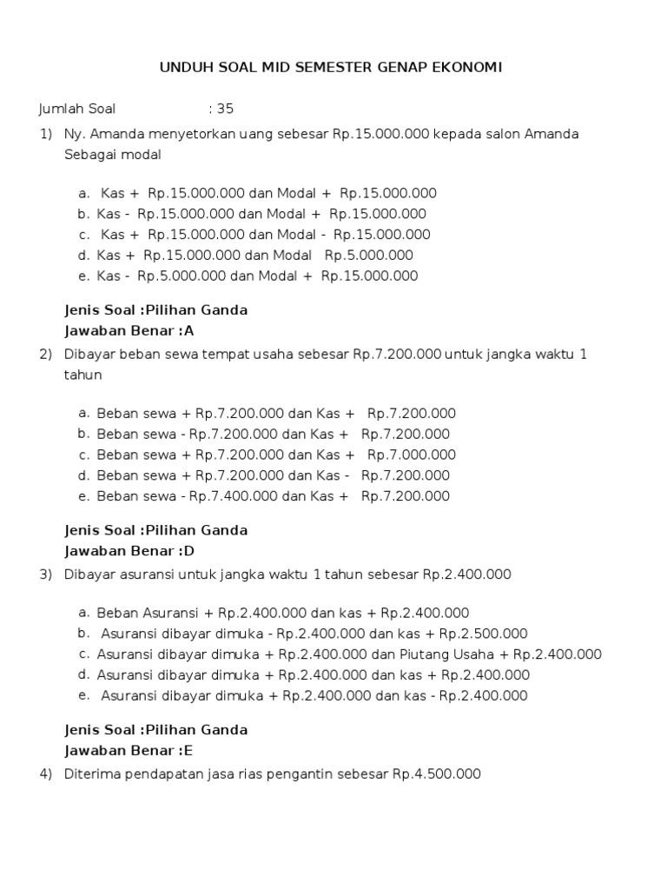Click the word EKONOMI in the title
tap(467, 68)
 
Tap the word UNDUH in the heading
tap(183, 68)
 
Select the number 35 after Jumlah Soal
tap(226, 110)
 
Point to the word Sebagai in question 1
tap(89, 155)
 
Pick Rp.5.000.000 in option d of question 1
tap(368, 256)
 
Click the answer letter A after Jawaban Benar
tap(190, 331)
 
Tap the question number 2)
tap(45, 355)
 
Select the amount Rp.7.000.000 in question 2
tap(411, 455)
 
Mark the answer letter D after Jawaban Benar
tap(190, 551)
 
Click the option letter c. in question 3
tap(83, 654)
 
